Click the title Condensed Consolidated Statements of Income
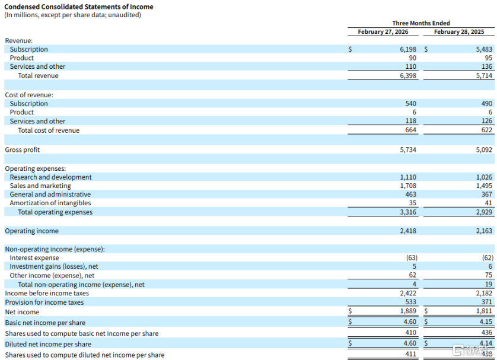click(x=79, y=7)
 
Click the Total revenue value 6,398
click(x=408, y=76)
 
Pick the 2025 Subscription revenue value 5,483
click(x=484, y=50)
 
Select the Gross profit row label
click(x=23, y=150)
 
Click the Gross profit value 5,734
click(x=408, y=150)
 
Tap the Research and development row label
click(x=50, y=177)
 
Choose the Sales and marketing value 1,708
click(x=408, y=186)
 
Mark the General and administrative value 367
click(x=487, y=195)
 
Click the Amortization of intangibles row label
click(x=51, y=203)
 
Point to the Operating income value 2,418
click(x=408, y=231)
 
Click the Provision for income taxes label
click(x=44, y=302)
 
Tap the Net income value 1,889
click(x=408, y=312)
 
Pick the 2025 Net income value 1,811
click(x=484, y=312)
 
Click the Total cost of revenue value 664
click(x=410, y=130)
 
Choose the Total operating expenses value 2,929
click(x=484, y=212)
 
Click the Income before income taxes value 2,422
click(x=408, y=294)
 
